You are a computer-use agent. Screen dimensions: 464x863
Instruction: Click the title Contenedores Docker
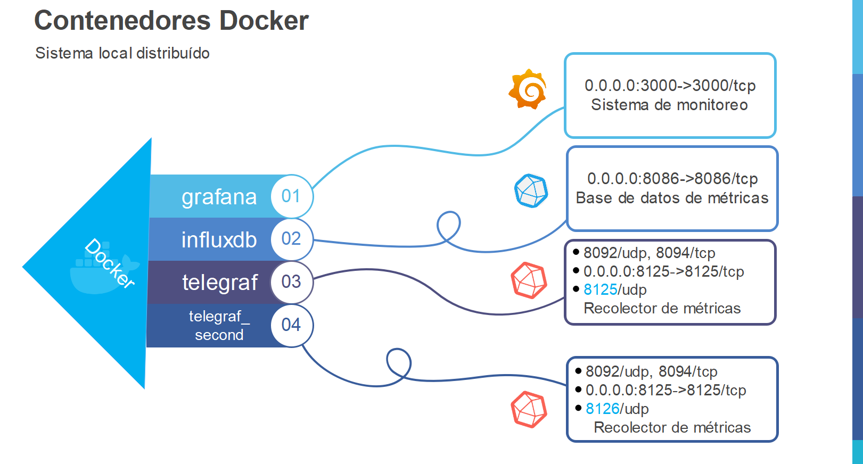[171, 21]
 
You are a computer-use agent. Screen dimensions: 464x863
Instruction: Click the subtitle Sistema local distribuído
[122, 53]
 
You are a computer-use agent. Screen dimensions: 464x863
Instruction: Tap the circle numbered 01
[291, 196]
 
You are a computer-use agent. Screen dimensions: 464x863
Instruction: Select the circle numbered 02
[291, 239]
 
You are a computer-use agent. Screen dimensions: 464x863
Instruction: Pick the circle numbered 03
[291, 281]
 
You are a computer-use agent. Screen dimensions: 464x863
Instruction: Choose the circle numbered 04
[291, 325]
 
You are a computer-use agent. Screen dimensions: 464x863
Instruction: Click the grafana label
[219, 197]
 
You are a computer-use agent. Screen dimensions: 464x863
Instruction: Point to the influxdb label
[219, 240]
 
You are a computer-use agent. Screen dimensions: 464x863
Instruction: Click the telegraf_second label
[219, 326]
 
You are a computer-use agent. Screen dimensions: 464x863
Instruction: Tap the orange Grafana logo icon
[528, 89]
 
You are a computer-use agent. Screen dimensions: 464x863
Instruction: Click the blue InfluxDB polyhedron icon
[531, 190]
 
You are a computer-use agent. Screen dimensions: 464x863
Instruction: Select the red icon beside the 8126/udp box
[529, 409]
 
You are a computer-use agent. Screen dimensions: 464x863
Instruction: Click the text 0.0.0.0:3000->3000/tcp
[670, 86]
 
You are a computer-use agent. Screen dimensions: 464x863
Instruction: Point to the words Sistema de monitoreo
[669, 105]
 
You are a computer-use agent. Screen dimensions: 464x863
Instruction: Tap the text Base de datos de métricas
[672, 198]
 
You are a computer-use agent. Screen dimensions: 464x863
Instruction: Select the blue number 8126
[602, 409]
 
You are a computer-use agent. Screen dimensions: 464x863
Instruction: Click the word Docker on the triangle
[110, 263]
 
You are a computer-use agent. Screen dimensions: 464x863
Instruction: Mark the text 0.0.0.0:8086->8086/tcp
[672, 179]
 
